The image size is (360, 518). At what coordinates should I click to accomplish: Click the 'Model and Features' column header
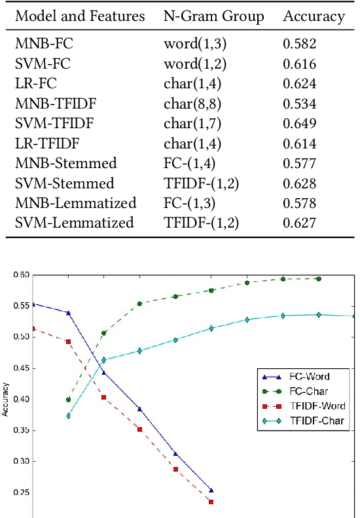pyautogui.click(x=80, y=16)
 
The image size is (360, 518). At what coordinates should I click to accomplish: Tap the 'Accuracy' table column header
pyautogui.click(x=314, y=16)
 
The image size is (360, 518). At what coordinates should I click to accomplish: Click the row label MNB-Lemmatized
pyautogui.click(x=75, y=203)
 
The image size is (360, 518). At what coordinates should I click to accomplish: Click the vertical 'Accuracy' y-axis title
pyautogui.click(x=5, y=405)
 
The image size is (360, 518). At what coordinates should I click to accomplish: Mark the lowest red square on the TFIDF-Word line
pyautogui.click(x=211, y=502)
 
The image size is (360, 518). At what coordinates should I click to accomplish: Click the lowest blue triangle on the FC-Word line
pyautogui.click(x=211, y=490)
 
